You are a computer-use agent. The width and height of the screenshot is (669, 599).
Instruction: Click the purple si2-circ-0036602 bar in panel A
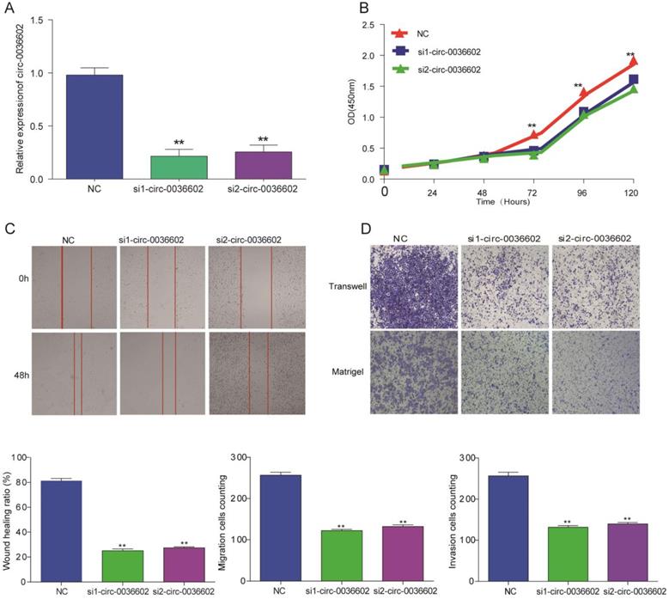[x=251, y=166]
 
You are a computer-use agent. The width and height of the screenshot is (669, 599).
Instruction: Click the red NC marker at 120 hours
[x=634, y=61]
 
